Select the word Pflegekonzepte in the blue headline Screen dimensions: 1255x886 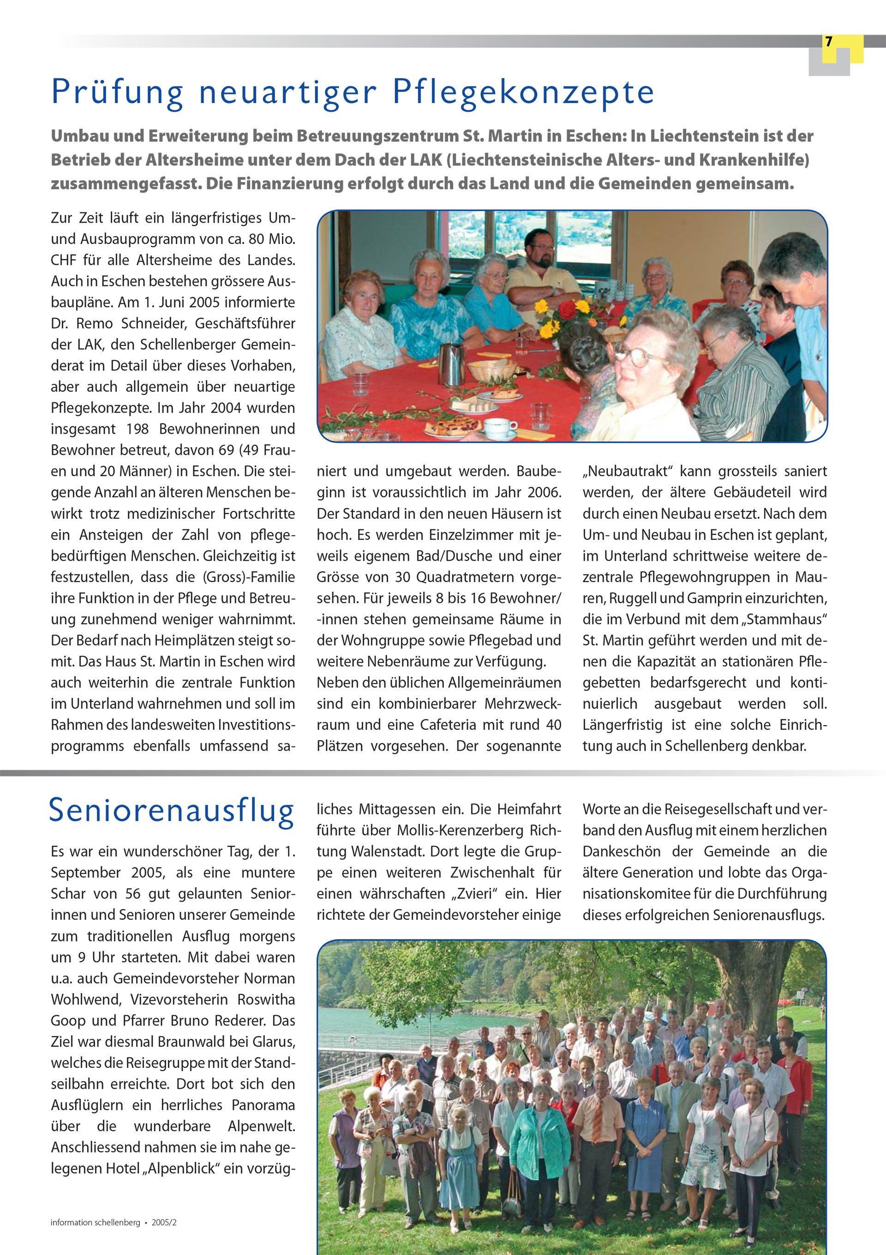523,92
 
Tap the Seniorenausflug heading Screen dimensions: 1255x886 172,811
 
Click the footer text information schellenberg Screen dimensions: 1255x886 95,1223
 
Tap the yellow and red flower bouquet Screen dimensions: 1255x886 563,317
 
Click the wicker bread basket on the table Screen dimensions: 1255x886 491,370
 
